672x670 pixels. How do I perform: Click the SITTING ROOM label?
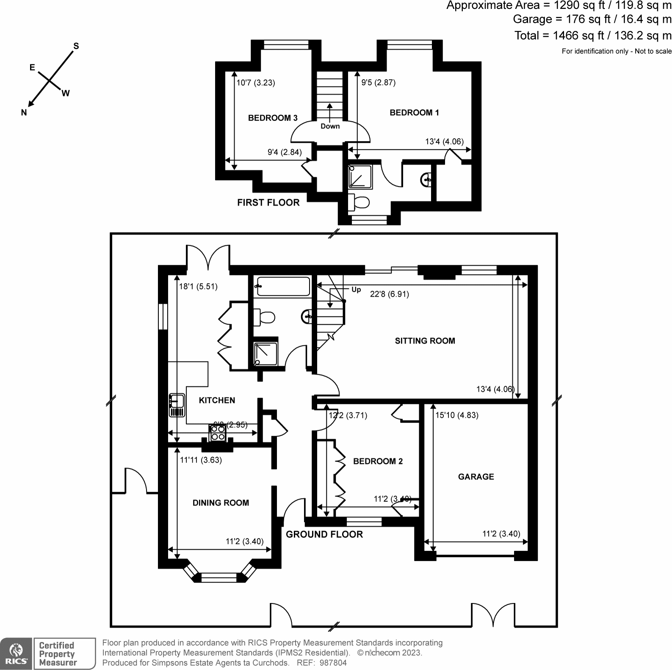point(425,341)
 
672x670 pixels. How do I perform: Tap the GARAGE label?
point(476,477)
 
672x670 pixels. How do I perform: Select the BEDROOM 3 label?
point(273,118)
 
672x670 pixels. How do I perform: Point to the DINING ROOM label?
point(221,503)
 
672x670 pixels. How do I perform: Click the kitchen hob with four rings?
point(218,433)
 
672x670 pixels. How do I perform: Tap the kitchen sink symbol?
point(177,405)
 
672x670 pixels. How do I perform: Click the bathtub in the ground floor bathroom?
point(283,286)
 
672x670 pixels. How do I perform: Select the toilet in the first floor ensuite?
point(359,203)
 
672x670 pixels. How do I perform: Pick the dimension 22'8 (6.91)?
point(389,294)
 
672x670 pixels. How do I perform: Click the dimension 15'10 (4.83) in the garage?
point(457,415)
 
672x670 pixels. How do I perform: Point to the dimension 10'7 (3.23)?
point(256,83)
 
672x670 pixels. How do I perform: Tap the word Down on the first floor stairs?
point(330,126)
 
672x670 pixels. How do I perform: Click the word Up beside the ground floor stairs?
point(356,289)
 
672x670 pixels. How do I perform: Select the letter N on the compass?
point(24,112)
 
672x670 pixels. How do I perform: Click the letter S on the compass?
point(76,46)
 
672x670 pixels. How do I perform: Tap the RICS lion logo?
point(16,653)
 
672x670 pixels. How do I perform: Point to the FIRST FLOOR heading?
point(268,203)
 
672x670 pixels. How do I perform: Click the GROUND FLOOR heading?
point(324,534)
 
